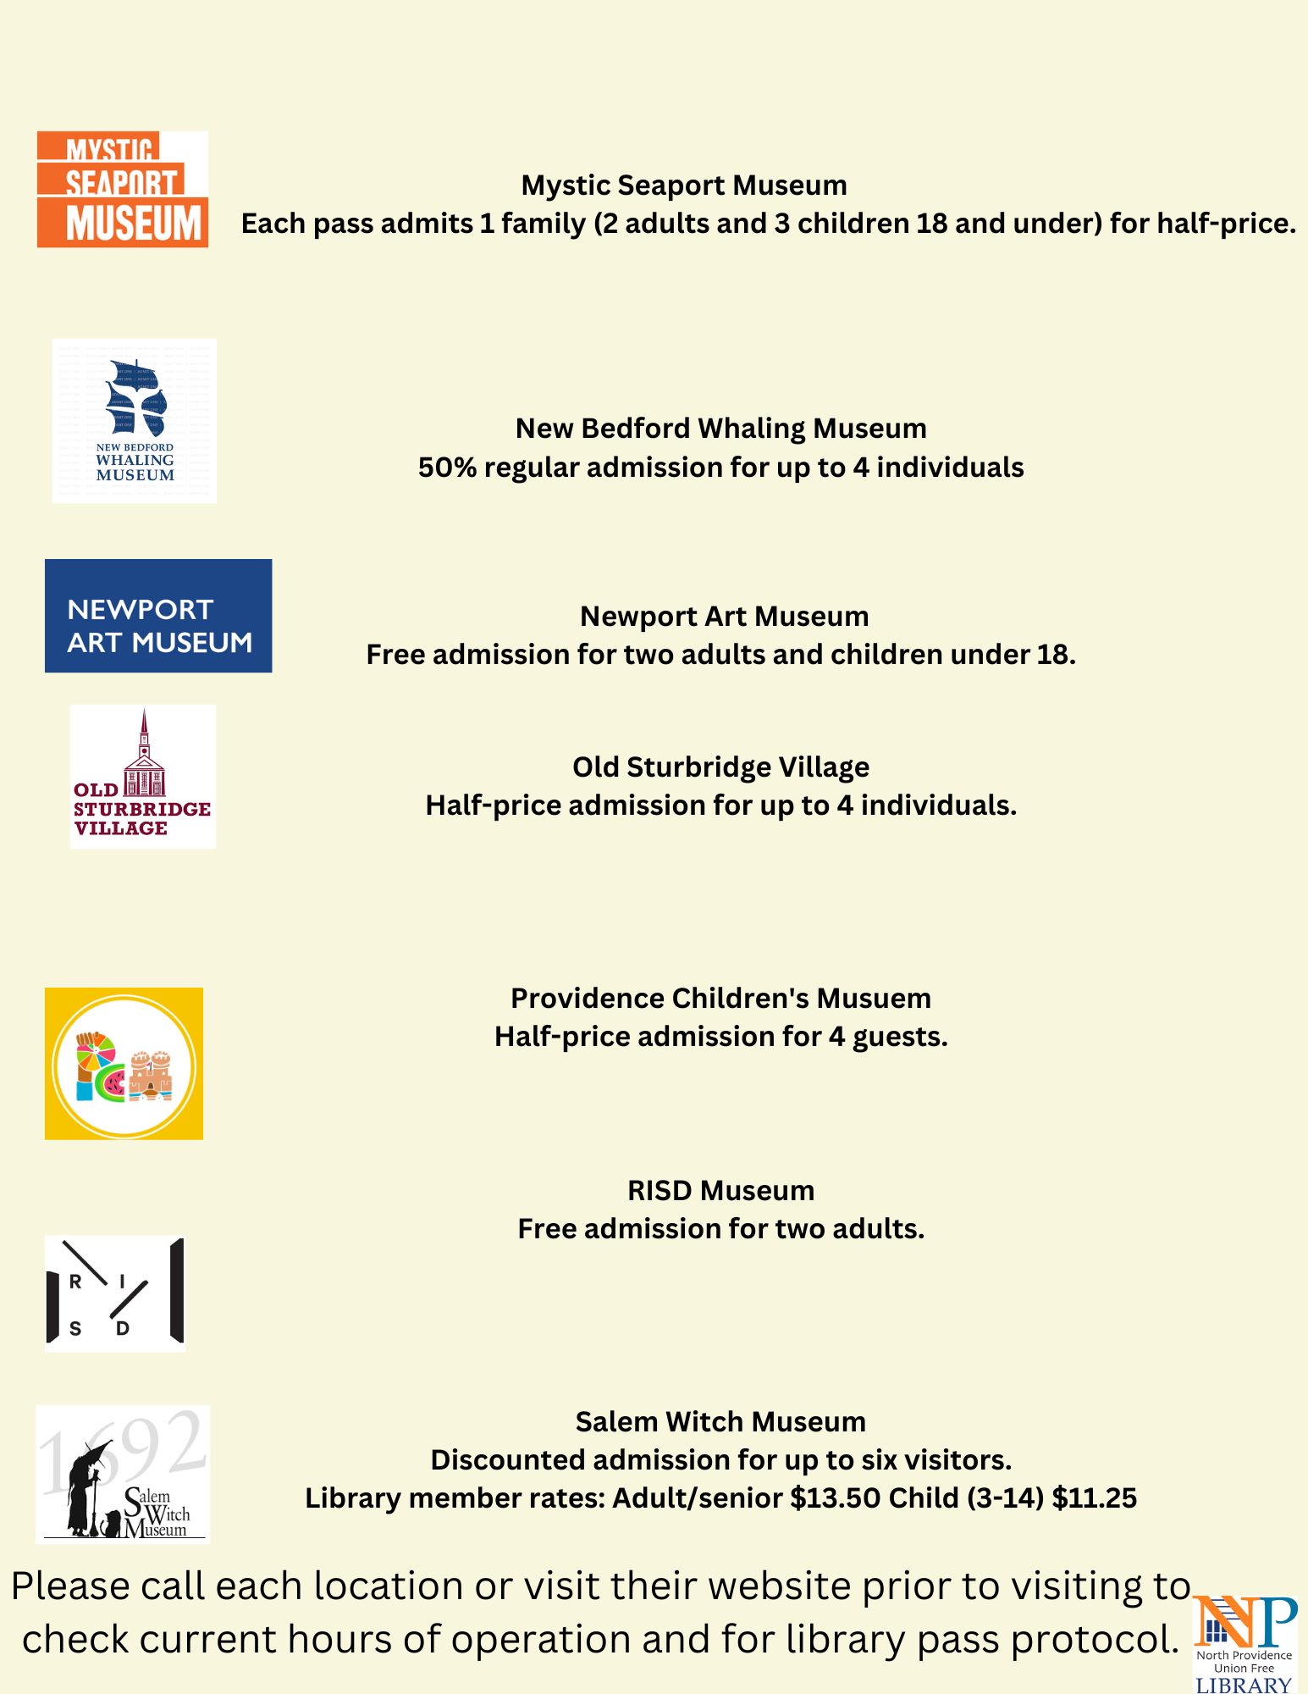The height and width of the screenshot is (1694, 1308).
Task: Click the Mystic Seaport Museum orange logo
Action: [123, 189]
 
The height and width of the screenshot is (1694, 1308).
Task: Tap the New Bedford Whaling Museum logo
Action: [134, 421]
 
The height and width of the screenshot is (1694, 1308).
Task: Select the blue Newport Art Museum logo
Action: [158, 616]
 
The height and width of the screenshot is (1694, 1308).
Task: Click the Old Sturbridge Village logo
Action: [143, 777]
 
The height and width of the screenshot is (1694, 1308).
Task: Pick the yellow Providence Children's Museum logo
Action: [124, 1064]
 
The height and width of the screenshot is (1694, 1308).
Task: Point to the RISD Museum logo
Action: [115, 1293]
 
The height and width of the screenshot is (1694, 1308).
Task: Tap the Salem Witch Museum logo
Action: [123, 1474]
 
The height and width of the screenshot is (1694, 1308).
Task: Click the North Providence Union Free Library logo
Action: [1244, 1644]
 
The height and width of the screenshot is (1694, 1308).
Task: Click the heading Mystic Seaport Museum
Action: [684, 185]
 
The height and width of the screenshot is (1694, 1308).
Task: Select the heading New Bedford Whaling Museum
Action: [720, 429]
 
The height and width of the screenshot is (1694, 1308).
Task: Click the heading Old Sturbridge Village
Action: [720, 767]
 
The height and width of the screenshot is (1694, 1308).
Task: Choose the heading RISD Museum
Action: [720, 1191]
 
